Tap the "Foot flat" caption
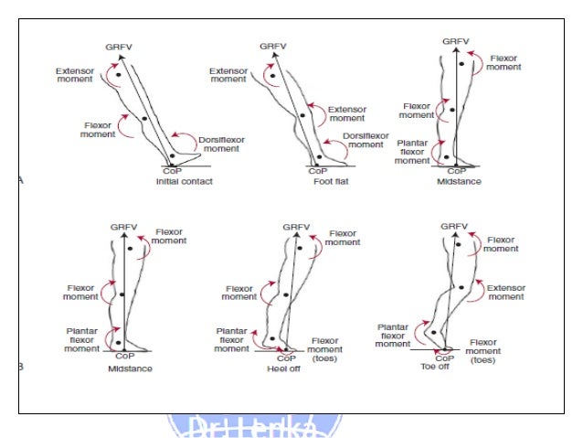(x=318, y=182)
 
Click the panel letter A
(x=21, y=181)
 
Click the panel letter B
(x=21, y=367)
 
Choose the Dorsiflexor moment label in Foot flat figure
(x=364, y=140)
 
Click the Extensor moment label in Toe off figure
(x=505, y=292)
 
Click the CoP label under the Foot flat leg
(x=318, y=171)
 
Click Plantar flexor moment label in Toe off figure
(x=393, y=335)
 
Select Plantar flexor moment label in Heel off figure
(x=232, y=339)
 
